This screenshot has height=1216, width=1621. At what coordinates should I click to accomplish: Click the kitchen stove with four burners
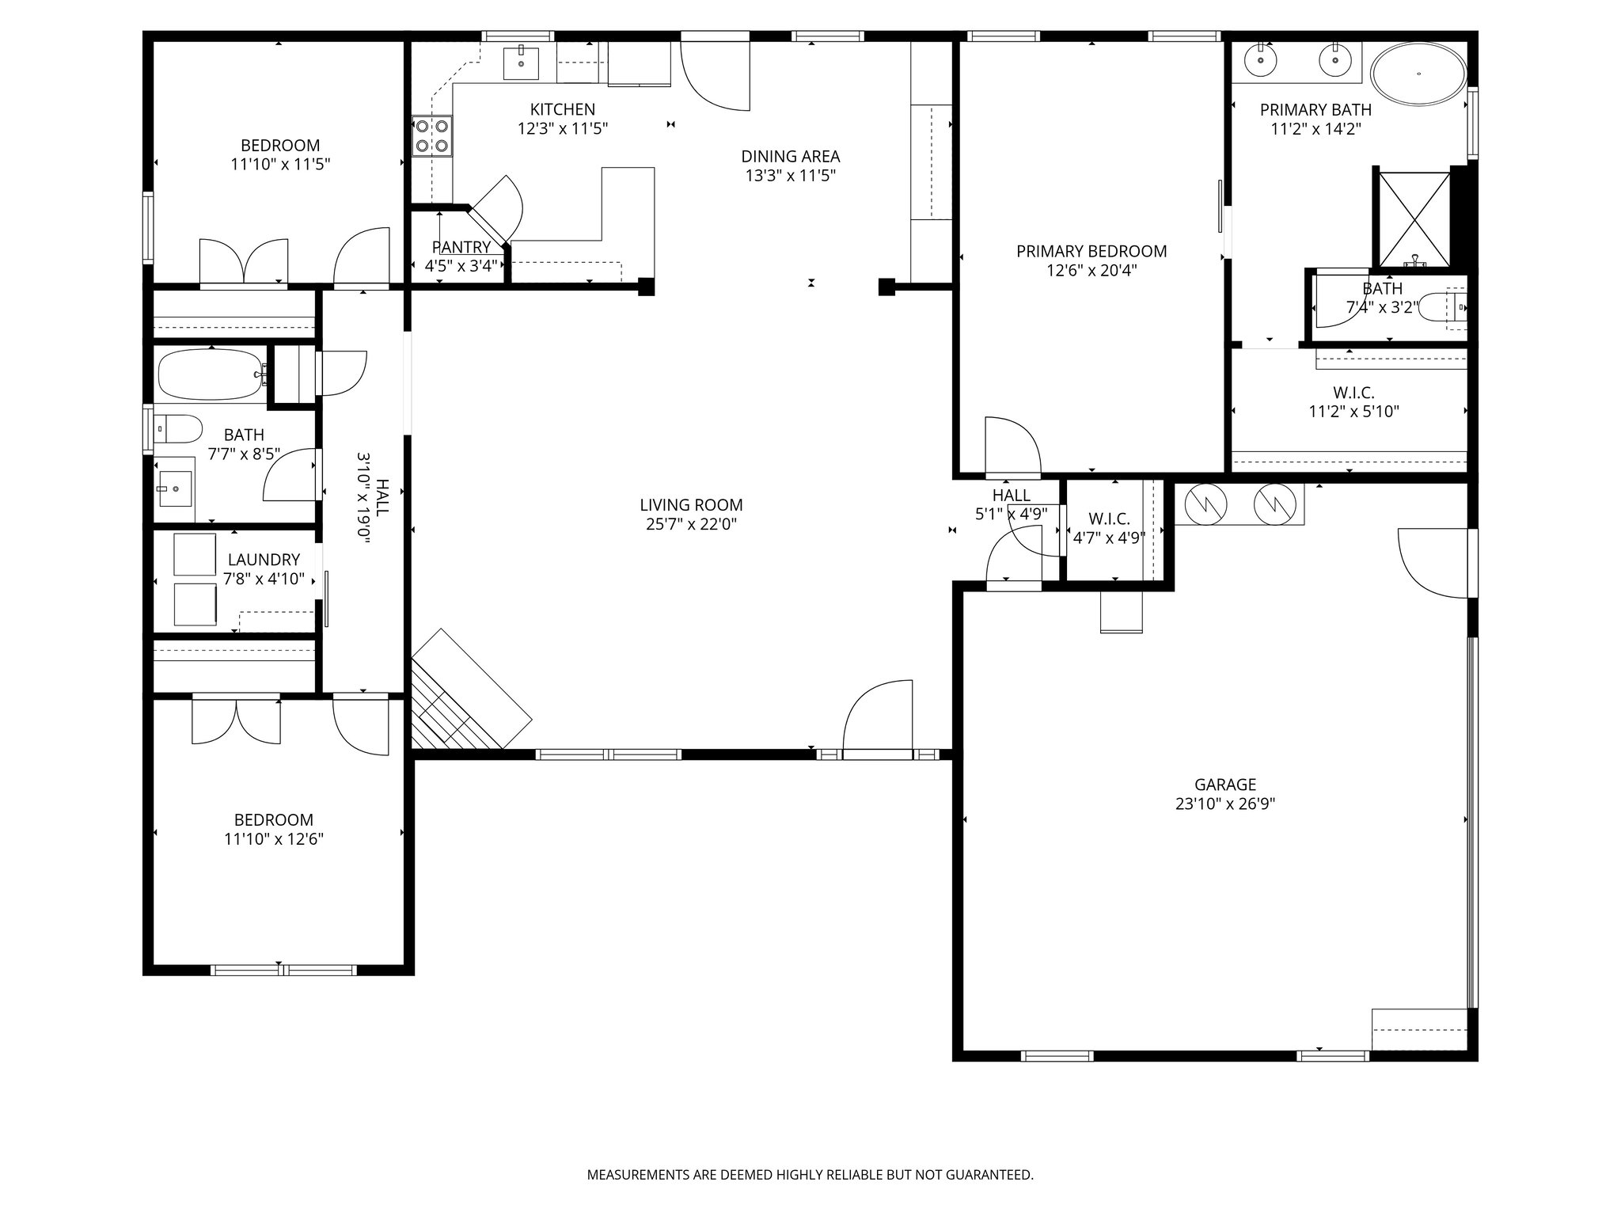click(x=431, y=135)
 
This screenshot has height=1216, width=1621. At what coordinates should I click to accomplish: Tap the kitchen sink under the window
click(x=521, y=62)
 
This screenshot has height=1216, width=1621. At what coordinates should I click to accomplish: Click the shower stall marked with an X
click(x=1414, y=219)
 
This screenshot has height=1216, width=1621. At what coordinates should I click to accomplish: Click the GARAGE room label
click(x=1225, y=785)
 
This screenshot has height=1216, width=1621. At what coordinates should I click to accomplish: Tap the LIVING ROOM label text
click(x=691, y=505)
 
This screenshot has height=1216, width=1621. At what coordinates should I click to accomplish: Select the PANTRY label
click(x=461, y=247)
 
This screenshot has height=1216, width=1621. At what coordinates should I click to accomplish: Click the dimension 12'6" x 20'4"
click(x=1091, y=271)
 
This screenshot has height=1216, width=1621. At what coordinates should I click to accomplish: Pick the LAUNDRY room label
click(x=264, y=560)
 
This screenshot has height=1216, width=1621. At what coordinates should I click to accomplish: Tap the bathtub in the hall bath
click(x=211, y=374)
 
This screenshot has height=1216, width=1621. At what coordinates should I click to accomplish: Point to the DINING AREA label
click(x=791, y=157)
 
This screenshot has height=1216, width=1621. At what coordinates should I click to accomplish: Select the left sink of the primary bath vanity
click(x=1259, y=59)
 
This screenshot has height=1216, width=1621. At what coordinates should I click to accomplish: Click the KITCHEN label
click(x=563, y=109)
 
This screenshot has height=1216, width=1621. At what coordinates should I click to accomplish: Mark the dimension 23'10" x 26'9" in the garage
click(x=1225, y=804)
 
